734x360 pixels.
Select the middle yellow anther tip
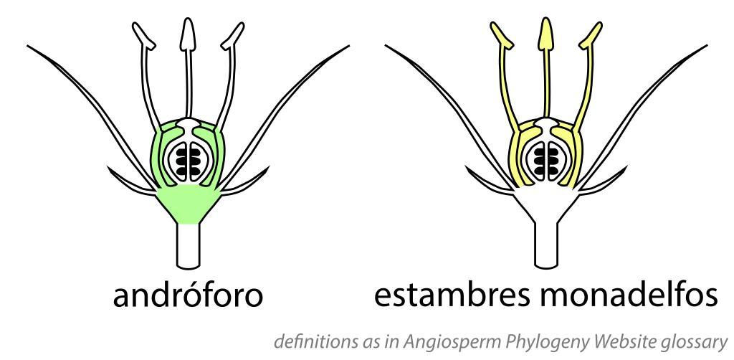[x=546, y=33]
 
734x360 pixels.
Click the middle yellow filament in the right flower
[x=546, y=86]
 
